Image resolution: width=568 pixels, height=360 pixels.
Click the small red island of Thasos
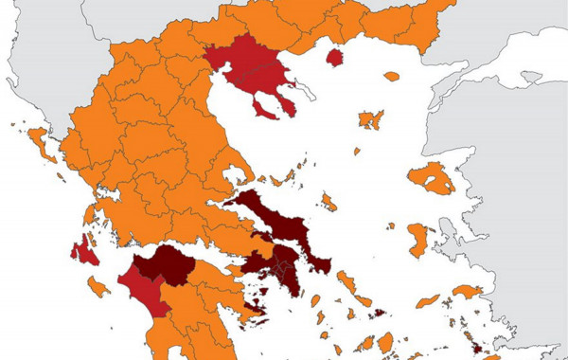click(334, 58)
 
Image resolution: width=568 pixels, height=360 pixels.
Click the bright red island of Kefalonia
click(83, 251)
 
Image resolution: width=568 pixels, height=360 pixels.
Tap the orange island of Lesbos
click(433, 178)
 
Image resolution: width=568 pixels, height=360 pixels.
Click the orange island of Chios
click(417, 238)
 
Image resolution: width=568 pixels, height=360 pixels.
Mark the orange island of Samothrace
click(391, 76)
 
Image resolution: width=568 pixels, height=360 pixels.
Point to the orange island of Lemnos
click(370, 119)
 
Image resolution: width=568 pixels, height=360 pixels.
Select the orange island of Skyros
click(328, 202)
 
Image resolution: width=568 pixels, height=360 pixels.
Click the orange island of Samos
click(467, 291)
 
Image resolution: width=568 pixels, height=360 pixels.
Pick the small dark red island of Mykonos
click(378, 313)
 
